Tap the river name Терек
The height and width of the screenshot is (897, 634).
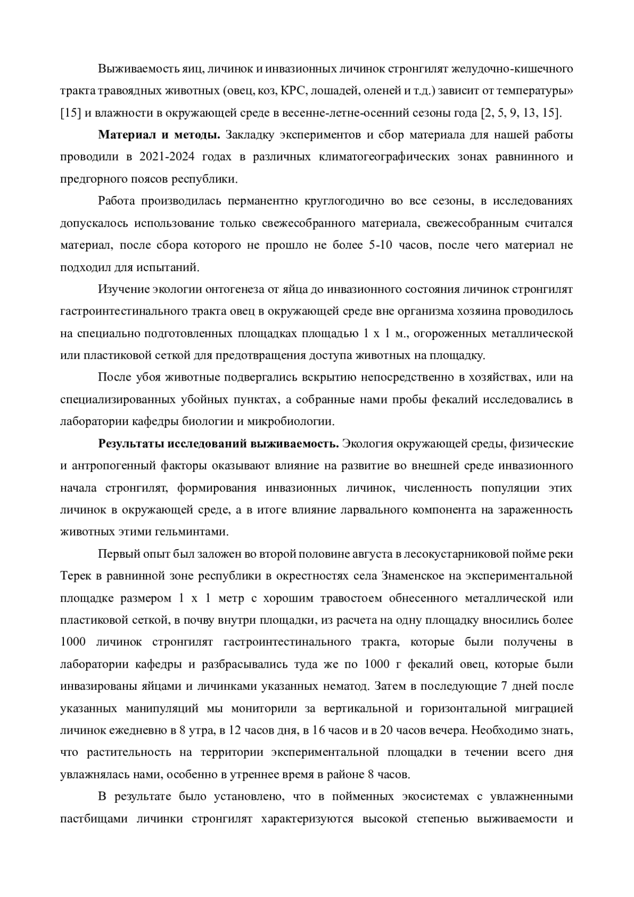coord(75,576)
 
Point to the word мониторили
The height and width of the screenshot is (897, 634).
coord(246,708)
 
